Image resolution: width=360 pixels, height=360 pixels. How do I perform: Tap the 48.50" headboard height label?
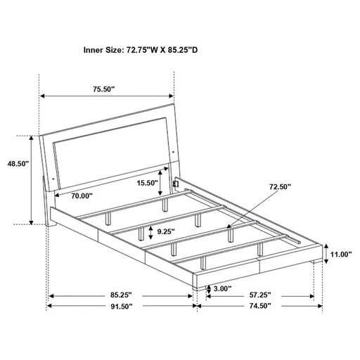(17, 162)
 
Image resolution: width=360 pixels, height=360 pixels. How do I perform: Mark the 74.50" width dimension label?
(255, 307)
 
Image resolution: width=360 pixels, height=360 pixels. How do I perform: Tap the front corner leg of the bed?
(193, 283)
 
